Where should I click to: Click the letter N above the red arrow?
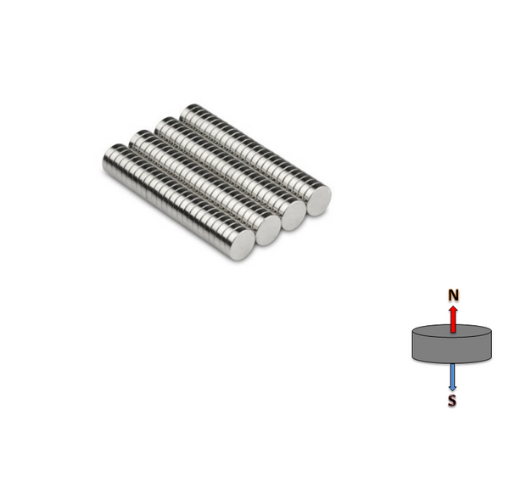point(454,294)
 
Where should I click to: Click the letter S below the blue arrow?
point(452,401)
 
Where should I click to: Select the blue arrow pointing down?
point(453,376)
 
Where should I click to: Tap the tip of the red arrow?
point(454,306)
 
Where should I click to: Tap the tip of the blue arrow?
point(453,389)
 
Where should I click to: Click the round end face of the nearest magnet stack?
point(242,244)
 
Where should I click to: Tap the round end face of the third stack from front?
point(294,216)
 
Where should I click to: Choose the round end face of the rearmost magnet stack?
point(319,199)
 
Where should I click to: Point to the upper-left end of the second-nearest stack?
point(135,141)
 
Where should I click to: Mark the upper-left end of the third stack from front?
point(161,127)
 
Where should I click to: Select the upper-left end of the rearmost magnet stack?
point(187,111)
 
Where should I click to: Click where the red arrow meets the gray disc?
point(454,331)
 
